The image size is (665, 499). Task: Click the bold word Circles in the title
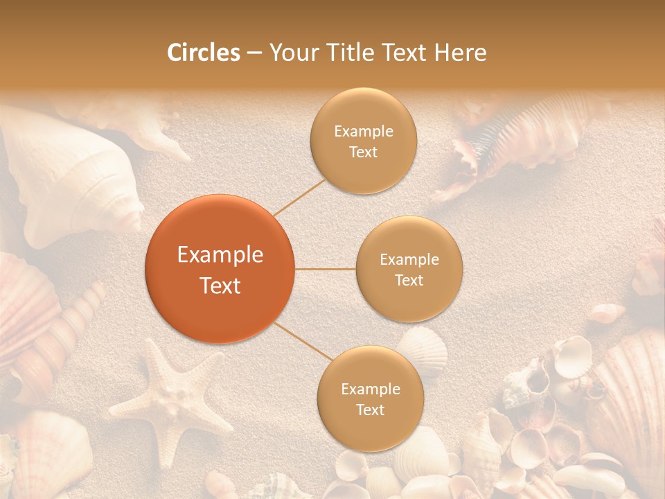tap(204, 53)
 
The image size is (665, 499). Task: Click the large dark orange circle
tap(220, 269)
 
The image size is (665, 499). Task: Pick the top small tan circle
tap(363, 141)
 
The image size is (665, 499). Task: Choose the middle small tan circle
tap(409, 269)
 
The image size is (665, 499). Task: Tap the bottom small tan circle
tap(370, 399)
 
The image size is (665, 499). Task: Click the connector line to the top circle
tap(299, 197)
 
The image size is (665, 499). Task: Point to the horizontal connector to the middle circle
tap(325, 269)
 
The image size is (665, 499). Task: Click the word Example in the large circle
tap(220, 255)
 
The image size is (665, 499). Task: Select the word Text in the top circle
tap(363, 152)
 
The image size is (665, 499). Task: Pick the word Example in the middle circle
tap(409, 260)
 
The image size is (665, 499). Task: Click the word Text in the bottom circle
tap(370, 410)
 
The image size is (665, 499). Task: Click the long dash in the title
tap(254, 53)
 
